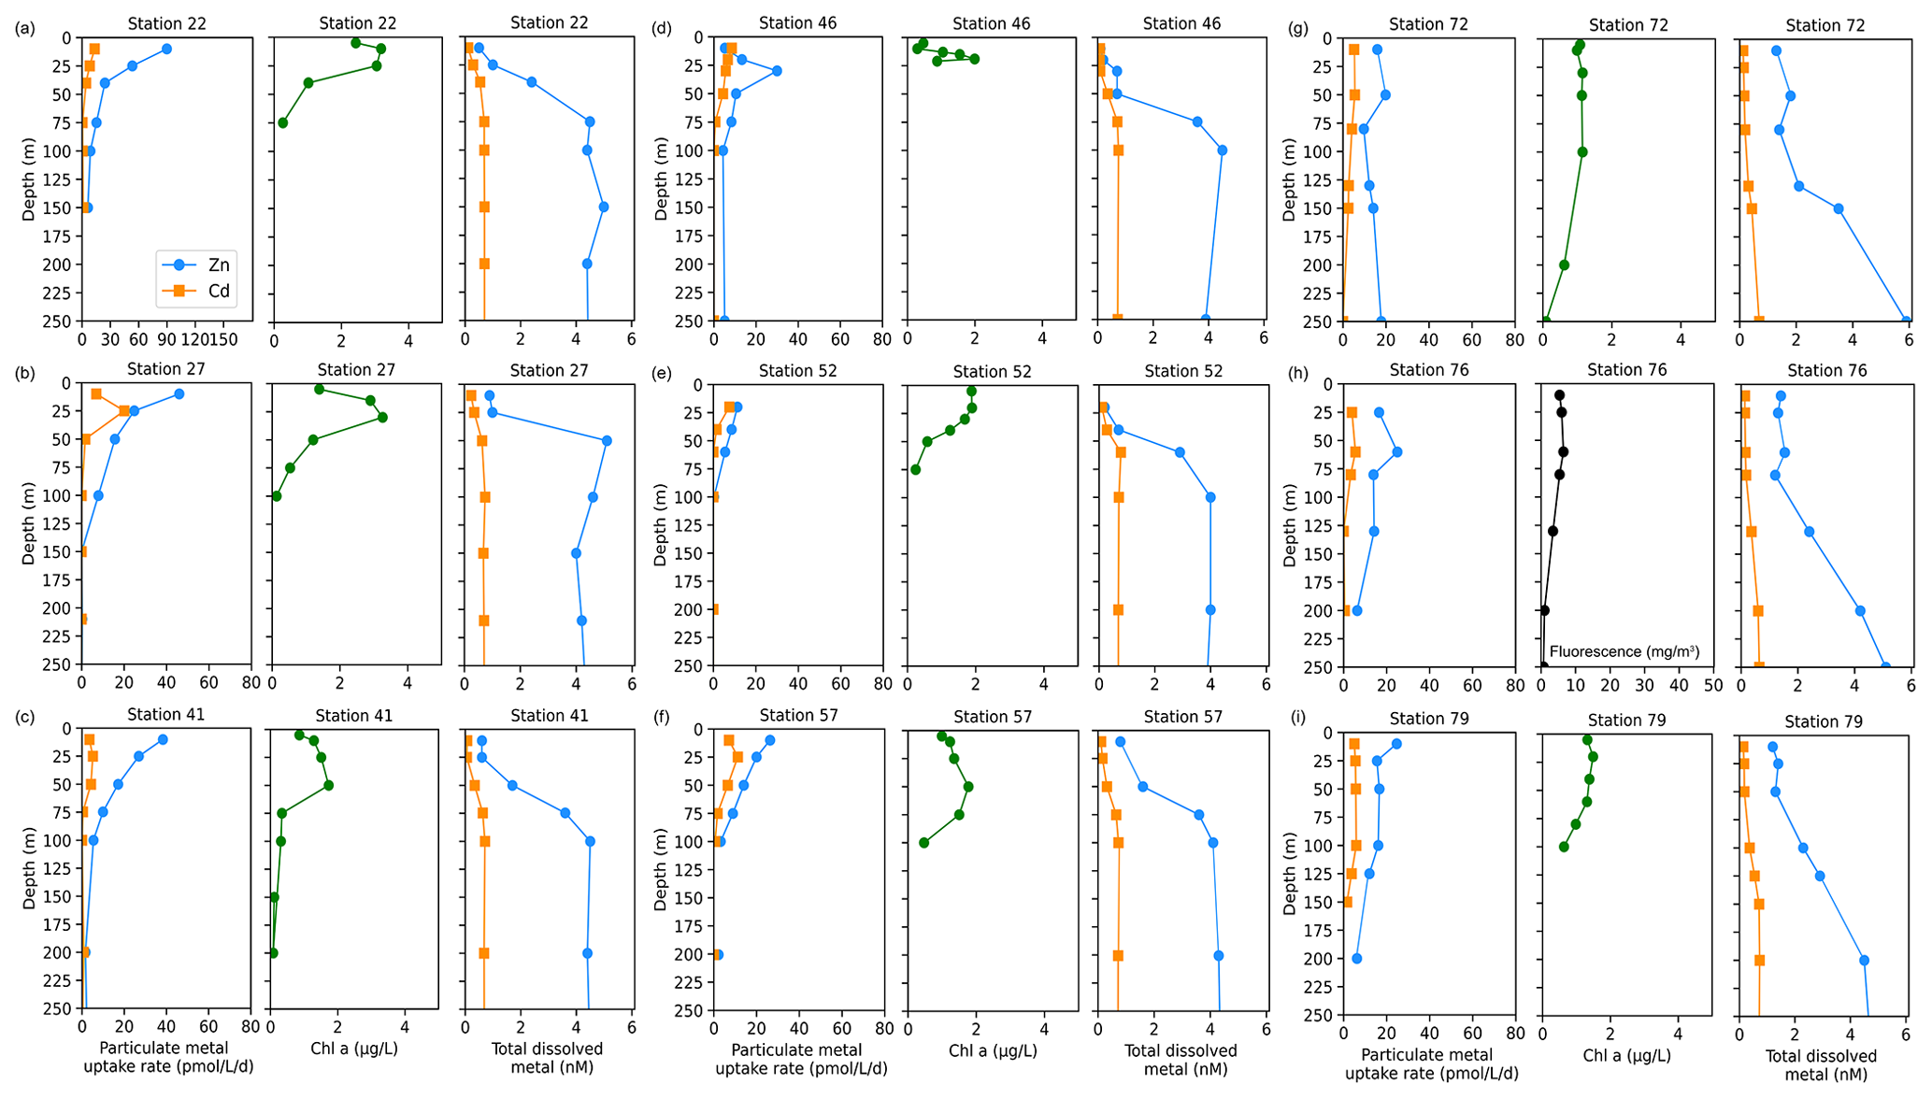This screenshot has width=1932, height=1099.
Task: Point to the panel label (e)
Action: tap(663, 373)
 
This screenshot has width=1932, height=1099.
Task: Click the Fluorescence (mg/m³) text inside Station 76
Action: tap(1624, 651)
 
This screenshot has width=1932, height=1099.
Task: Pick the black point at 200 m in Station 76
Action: tap(1544, 610)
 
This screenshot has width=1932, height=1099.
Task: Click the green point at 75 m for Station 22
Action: tap(283, 122)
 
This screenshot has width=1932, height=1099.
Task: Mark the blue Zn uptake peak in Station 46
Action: tap(777, 71)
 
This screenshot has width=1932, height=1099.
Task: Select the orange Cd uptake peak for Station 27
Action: tap(123, 411)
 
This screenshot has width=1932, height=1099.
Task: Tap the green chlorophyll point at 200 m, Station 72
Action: tap(1564, 264)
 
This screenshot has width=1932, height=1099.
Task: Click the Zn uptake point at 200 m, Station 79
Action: tap(1357, 958)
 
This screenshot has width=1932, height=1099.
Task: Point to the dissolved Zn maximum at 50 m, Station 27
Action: tap(607, 440)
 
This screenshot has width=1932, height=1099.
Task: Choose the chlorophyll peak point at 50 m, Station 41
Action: tap(328, 785)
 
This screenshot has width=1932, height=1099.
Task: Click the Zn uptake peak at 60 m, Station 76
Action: tap(1397, 451)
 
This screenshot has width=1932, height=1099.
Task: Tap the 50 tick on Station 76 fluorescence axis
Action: tap(1712, 685)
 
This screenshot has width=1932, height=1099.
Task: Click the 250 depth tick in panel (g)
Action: tap(1321, 321)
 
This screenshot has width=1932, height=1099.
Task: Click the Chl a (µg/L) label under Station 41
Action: tap(354, 1049)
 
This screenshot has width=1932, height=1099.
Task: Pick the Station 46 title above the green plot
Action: tap(992, 23)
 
